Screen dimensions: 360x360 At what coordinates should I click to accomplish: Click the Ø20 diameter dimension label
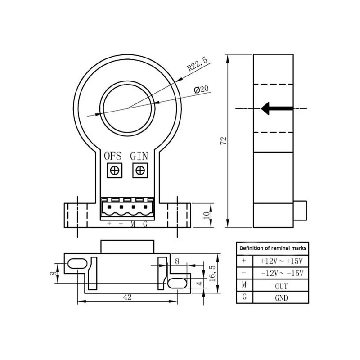(x=201, y=90)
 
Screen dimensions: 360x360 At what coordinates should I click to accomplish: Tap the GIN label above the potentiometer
(x=139, y=156)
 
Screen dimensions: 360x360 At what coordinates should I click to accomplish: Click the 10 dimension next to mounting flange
(x=207, y=215)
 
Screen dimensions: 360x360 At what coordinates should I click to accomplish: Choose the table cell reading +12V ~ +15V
(x=281, y=261)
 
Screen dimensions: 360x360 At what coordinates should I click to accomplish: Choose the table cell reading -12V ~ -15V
(x=281, y=273)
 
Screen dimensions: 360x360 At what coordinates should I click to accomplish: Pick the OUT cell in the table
(x=281, y=286)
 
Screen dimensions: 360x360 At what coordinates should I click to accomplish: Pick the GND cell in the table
(x=281, y=297)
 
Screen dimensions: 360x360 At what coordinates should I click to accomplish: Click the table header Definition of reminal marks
(x=273, y=248)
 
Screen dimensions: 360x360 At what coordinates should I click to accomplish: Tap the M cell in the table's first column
(x=244, y=286)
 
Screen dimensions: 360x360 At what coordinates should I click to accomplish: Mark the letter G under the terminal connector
(x=145, y=224)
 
